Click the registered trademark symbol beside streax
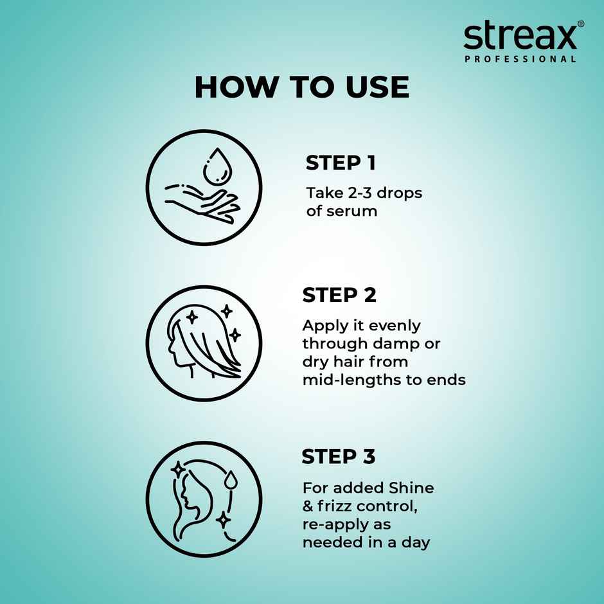(580, 24)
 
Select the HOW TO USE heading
(301, 87)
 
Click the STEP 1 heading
(341, 163)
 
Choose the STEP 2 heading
(339, 296)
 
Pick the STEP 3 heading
(339, 457)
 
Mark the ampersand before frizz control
(308, 506)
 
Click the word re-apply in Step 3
(335, 525)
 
